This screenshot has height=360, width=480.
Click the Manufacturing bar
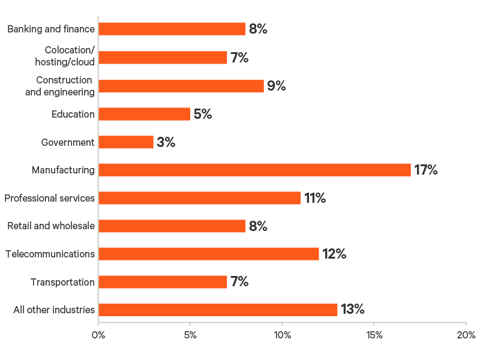(254, 170)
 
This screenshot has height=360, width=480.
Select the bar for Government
(126, 142)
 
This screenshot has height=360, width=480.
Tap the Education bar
(144, 114)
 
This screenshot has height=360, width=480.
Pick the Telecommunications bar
(209, 254)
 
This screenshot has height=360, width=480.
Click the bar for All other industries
(218, 310)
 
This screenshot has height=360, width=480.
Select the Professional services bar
(199, 198)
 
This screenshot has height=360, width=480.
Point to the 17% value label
(426, 170)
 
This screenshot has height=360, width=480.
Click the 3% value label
(166, 142)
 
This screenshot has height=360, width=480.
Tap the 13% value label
(353, 310)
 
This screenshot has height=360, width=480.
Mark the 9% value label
(277, 86)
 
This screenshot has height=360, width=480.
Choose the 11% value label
(314, 198)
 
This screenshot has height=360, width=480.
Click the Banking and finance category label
(51, 29)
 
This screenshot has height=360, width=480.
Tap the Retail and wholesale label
(51, 226)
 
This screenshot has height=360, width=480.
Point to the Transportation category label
(62, 282)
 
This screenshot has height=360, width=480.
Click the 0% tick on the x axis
(98, 335)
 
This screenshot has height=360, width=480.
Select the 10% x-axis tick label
(282, 335)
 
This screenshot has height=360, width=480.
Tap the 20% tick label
(466, 335)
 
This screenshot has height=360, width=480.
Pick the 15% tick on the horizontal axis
(374, 335)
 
